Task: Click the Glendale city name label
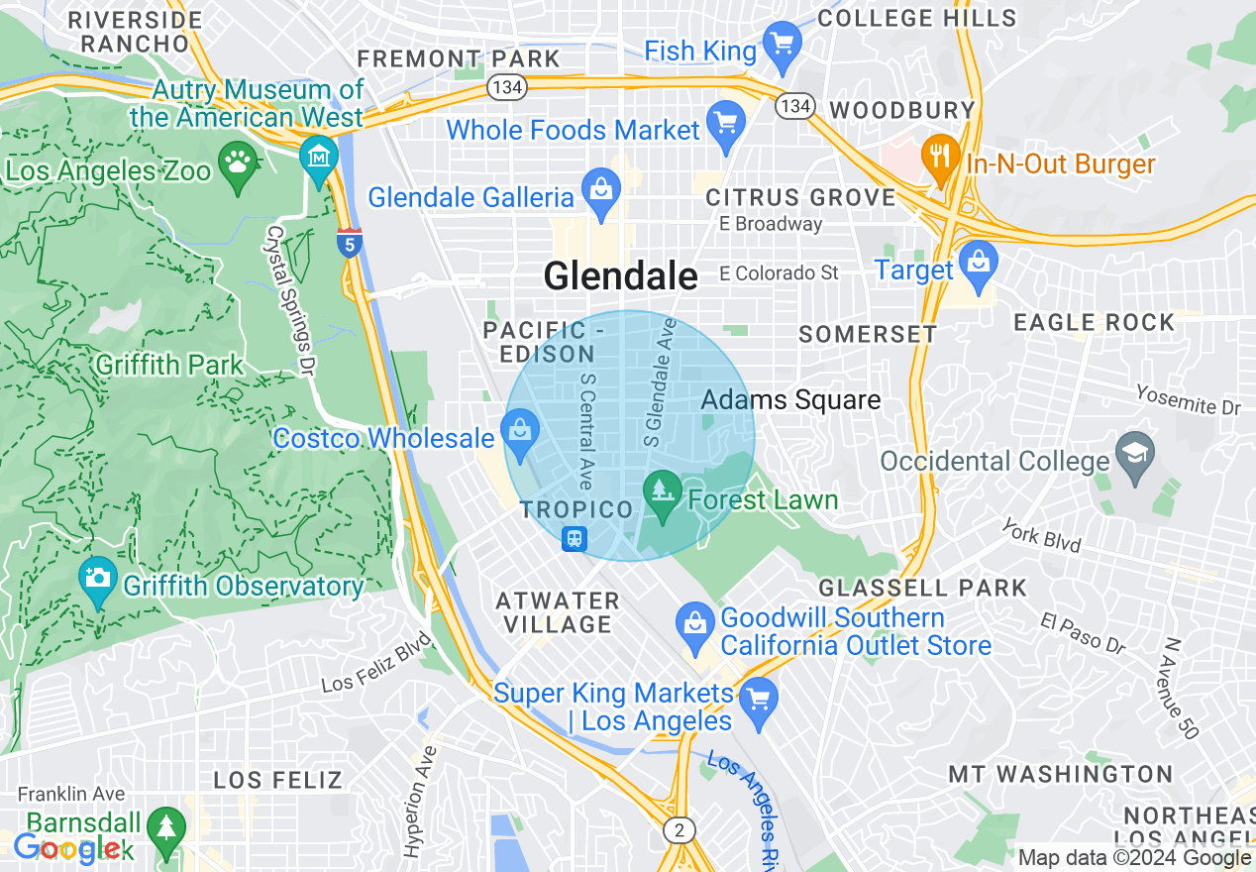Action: [x=620, y=275]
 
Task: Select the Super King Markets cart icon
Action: [x=759, y=701]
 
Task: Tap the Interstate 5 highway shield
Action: [x=349, y=243]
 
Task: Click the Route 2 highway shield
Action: [x=678, y=830]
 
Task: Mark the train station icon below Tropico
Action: [x=575, y=539]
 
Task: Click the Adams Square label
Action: [x=790, y=399]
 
